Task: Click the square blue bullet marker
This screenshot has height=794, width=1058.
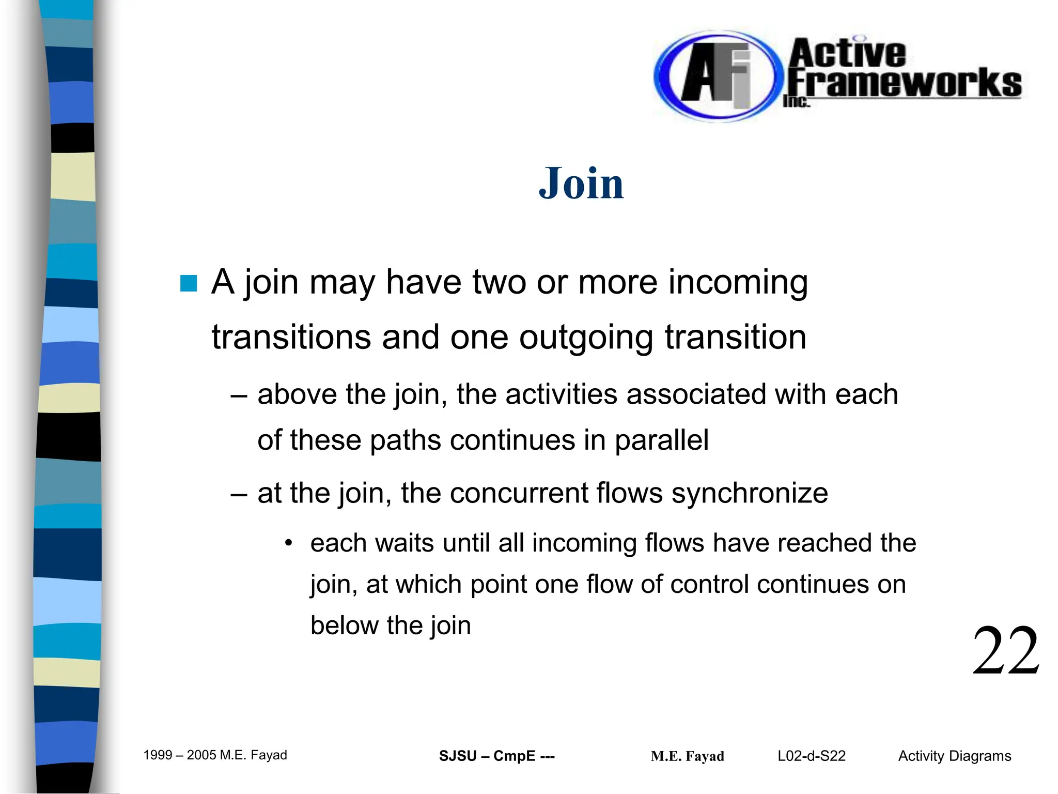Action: click(x=189, y=283)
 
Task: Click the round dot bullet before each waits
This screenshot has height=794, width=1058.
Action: click(x=289, y=543)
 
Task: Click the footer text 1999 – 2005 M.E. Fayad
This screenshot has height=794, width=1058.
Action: click(x=215, y=755)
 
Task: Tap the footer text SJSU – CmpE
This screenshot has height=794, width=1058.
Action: click(x=496, y=756)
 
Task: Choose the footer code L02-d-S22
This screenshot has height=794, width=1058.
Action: click(x=812, y=756)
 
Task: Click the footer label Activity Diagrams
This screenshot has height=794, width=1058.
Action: click(x=954, y=756)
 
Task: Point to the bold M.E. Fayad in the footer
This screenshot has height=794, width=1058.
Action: click(x=687, y=756)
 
